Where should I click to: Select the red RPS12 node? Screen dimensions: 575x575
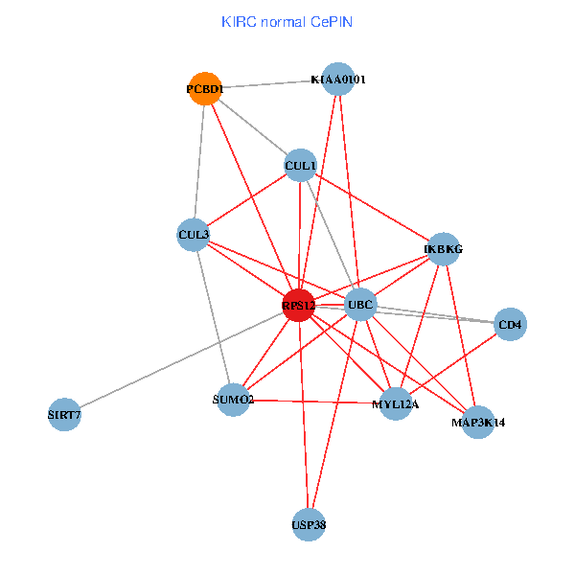tap(299, 305)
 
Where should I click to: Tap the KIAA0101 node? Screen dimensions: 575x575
tap(338, 80)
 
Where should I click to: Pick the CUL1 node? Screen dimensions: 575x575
tap(300, 166)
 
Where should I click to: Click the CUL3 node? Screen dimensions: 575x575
tap(195, 234)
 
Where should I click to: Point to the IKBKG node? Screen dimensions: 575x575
tap(443, 249)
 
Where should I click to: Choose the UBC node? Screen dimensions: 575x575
tap(360, 305)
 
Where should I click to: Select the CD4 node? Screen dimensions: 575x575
tap(510, 325)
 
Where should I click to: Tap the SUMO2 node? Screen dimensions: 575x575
tap(233, 399)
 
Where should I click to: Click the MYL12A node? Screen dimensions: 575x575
tap(395, 403)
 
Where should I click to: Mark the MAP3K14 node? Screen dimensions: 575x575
tap(477, 421)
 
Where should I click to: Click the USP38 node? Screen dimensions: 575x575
tap(309, 524)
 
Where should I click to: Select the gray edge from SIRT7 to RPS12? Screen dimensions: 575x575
tap(182, 359)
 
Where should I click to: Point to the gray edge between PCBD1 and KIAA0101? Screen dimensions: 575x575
tap(271, 84)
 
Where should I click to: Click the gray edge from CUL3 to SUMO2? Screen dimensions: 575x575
tap(214, 316)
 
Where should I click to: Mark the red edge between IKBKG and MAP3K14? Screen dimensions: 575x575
tap(460, 335)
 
